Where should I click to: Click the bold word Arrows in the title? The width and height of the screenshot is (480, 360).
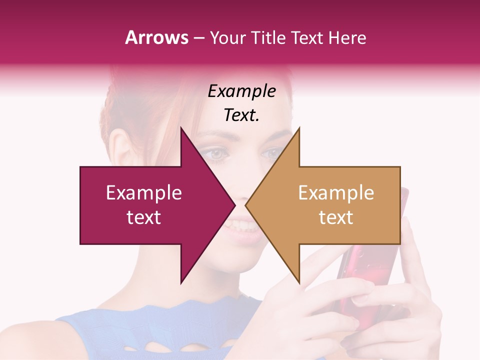click(156, 37)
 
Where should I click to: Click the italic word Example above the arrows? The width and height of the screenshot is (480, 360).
click(242, 91)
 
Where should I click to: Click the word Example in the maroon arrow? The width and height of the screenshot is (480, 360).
click(144, 193)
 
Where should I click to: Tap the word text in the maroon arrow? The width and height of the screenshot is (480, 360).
click(144, 217)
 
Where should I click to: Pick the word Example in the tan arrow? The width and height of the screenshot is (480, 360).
click(336, 193)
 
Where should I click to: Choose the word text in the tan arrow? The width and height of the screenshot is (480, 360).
click(336, 217)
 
